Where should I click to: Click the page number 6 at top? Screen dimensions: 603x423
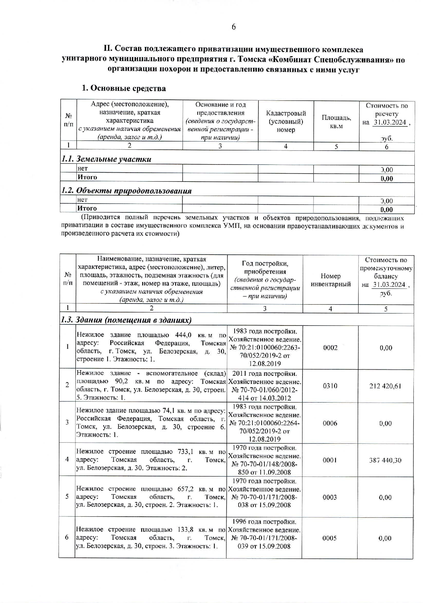(234, 27)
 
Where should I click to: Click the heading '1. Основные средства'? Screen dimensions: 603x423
(124, 88)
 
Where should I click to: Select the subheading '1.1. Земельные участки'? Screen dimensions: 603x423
(106, 159)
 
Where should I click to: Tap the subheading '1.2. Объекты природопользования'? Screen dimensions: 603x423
(126, 190)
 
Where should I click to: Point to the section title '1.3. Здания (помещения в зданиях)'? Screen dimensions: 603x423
(126, 320)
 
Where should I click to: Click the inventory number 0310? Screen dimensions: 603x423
(330, 386)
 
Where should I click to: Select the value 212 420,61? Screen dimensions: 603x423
(385, 386)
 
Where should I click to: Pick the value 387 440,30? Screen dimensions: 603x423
(385, 460)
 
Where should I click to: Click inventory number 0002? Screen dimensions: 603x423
(330, 347)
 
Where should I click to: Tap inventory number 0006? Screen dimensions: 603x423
(330, 423)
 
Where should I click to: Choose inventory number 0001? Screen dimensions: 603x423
(330, 460)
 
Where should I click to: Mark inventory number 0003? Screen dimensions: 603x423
(330, 497)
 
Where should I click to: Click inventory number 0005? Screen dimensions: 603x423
(329, 538)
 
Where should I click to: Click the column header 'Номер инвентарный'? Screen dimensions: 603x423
(331, 280)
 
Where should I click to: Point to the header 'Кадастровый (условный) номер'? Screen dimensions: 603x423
(286, 122)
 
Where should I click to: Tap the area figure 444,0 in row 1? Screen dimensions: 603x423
(183, 335)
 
